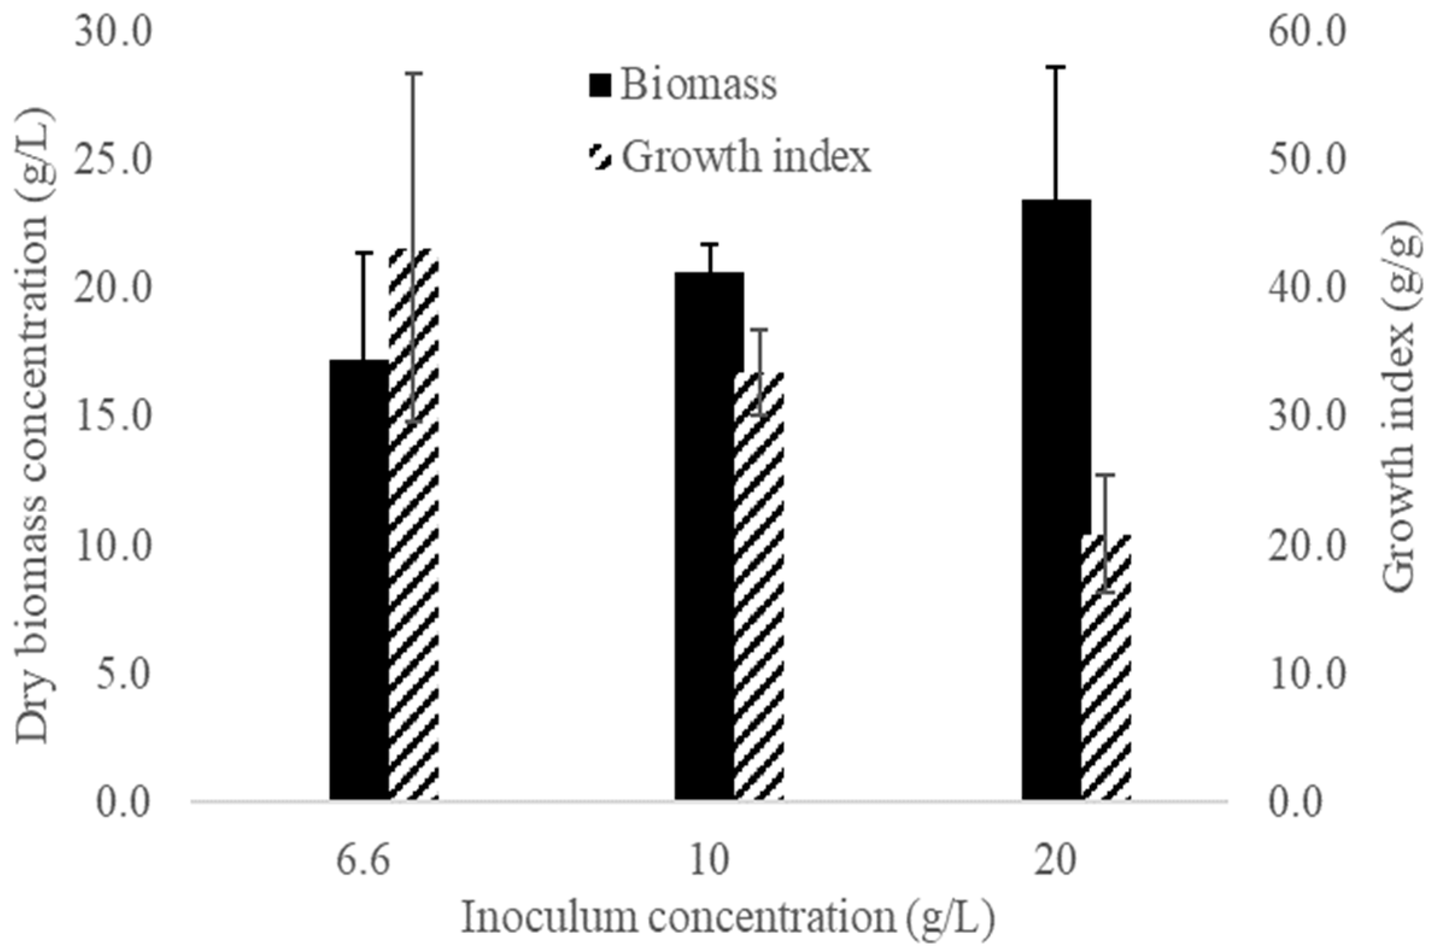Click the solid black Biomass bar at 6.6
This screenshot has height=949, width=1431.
coord(358,581)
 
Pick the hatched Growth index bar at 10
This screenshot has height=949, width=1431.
coord(759,605)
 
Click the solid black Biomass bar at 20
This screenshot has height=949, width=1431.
coord(1056,502)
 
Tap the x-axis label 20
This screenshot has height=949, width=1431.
coord(1055,861)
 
